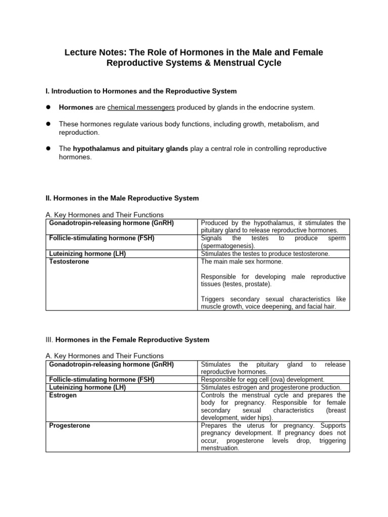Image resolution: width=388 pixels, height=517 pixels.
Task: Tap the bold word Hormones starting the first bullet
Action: pyautogui.click(x=76, y=107)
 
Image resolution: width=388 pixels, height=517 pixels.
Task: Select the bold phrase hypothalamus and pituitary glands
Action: pyautogui.click(x=130, y=148)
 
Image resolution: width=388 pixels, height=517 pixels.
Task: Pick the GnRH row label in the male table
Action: pyautogui.click(x=111, y=223)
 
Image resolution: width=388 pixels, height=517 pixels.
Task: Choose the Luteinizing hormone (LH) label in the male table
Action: pyautogui.click(x=87, y=254)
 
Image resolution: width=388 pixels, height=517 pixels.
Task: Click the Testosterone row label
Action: pyautogui.click(x=69, y=262)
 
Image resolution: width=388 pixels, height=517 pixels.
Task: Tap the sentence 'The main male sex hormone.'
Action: pyautogui.click(x=242, y=262)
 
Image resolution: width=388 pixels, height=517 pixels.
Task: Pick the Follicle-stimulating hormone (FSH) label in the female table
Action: pyautogui.click(x=102, y=379)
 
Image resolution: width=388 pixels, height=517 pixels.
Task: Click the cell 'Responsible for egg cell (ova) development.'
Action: pyautogui.click(x=262, y=379)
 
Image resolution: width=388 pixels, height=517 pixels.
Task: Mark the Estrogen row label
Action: pyautogui.click(x=63, y=395)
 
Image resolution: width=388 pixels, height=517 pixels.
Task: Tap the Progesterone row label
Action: pyautogui.click(x=70, y=426)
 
